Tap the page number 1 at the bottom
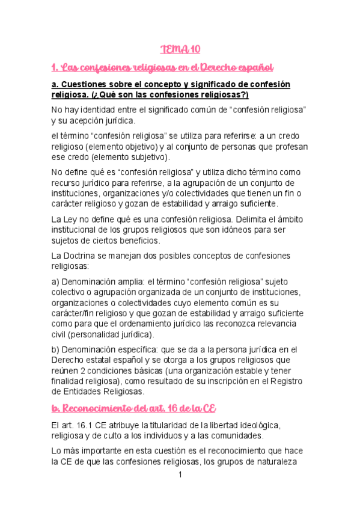coord(180,475)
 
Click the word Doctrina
coord(87,256)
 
